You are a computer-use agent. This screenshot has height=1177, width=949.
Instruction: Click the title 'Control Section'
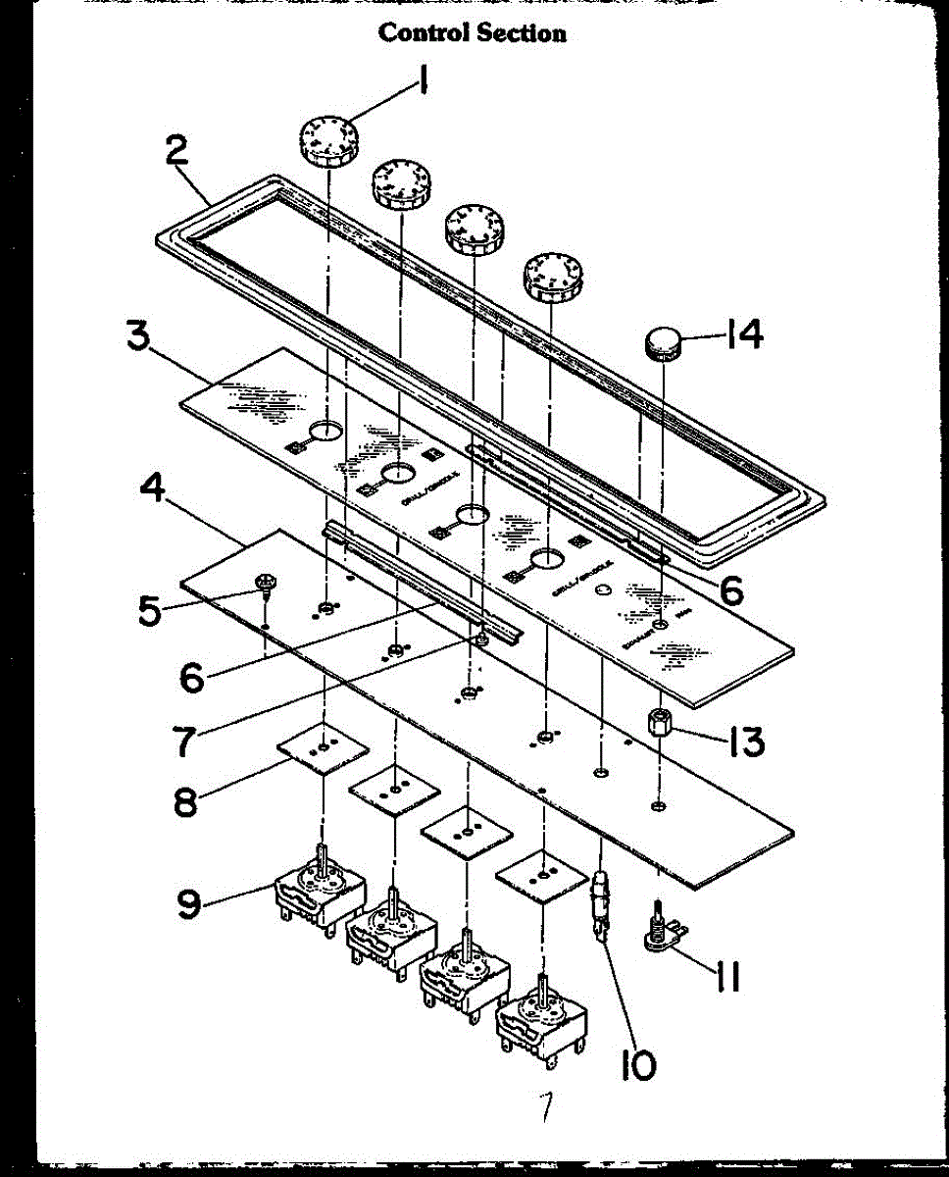point(472,33)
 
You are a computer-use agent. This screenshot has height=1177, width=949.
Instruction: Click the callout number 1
point(423,82)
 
